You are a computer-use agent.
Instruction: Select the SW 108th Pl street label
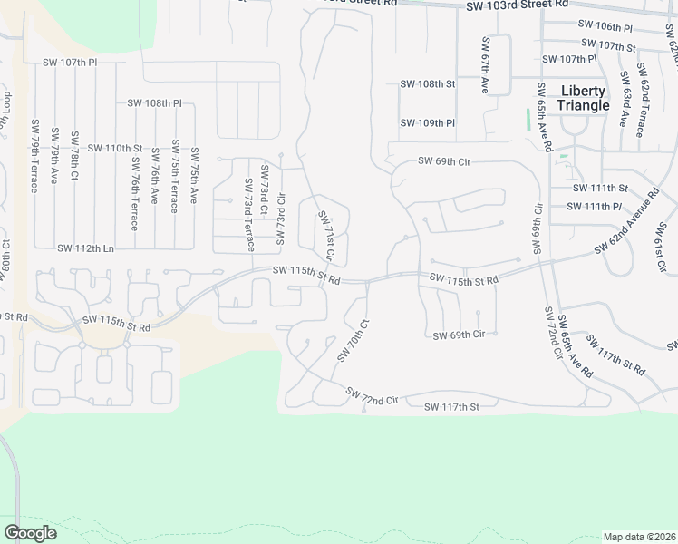[x=154, y=103]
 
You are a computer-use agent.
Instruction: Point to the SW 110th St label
[x=115, y=147]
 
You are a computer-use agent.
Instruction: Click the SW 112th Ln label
[x=85, y=248]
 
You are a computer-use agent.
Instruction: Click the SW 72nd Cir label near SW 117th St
[x=372, y=396]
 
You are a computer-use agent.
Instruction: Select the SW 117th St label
[x=450, y=407]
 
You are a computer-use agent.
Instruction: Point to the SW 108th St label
[x=427, y=83]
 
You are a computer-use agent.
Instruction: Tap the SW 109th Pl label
[x=427, y=122]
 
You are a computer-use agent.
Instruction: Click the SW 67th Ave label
[x=486, y=66]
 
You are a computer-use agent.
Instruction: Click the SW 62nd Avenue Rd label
[x=626, y=222]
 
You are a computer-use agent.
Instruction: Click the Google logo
[x=30, y=533]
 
